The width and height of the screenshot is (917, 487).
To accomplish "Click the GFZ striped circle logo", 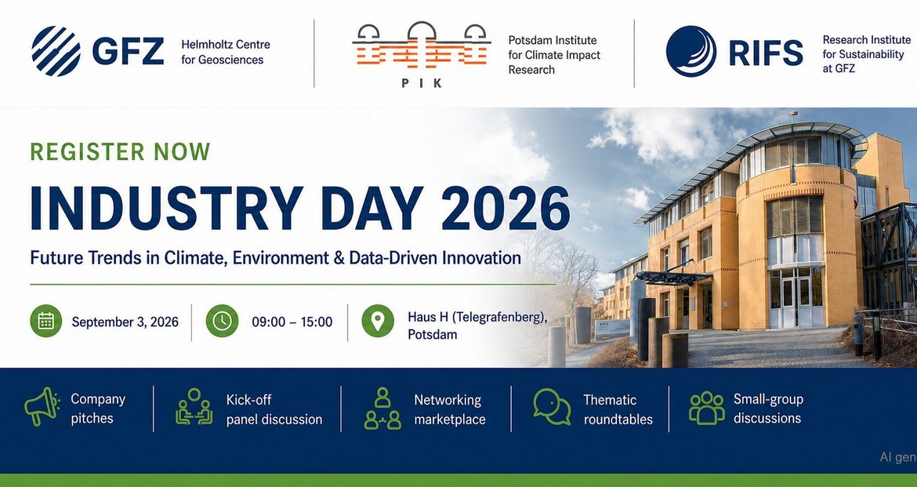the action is point(56,51).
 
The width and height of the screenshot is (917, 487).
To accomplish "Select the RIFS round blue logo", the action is point(690,52).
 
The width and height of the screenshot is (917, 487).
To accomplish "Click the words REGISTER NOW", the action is point(120,151).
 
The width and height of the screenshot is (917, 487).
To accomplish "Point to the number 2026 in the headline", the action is point(506,208).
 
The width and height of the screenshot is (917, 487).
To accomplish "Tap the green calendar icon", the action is point(46,321).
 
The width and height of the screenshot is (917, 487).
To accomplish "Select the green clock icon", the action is point(223,321).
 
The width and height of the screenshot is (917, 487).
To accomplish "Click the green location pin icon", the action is point(378,321).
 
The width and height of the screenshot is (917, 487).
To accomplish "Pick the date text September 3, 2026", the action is point(125,322).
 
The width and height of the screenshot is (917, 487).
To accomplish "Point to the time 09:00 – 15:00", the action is point(292,322).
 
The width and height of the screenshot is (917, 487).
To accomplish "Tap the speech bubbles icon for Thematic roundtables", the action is point(552,407).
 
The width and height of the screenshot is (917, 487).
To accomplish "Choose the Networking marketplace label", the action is point(450,409).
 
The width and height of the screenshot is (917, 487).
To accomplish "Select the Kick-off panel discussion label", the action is point(274,409).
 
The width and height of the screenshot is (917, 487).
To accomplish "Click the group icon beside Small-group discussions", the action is point(706,407).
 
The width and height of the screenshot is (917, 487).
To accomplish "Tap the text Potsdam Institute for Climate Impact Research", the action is point(554,55).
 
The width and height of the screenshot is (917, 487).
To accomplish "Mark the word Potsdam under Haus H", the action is point(433,335).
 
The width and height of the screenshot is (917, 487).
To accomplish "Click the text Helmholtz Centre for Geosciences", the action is point(226,52).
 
